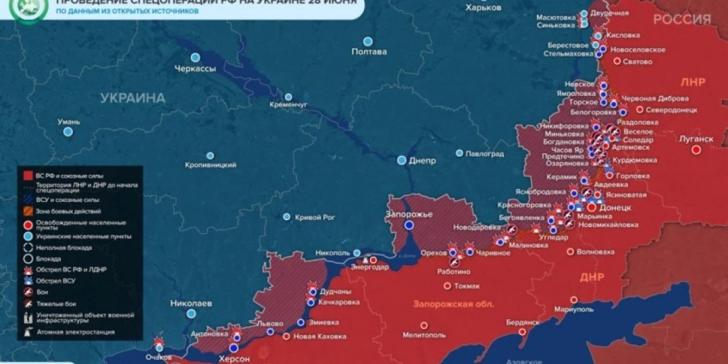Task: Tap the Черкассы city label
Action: coord(195,69)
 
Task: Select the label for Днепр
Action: coord(422,160)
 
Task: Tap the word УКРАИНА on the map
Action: coord(133,98)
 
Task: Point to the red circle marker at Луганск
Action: coord(696,149)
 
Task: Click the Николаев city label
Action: coord(190,303)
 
